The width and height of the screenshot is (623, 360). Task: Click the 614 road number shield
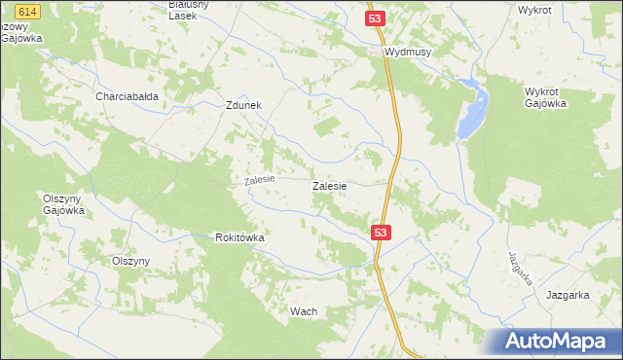pyautogui.click(x=28, y=10)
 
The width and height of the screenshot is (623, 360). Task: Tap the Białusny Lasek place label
pyautogui.click(x=189, y=10)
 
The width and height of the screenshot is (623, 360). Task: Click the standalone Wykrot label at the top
pyautogui.click(x=535, y=10)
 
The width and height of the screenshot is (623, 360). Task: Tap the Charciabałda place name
pyautogui.click(x=127, y=96)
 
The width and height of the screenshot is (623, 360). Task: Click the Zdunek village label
pyautogui.click(x=243, y=107)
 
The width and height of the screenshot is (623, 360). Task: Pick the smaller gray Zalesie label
pyautogui.click(x=260, y=180)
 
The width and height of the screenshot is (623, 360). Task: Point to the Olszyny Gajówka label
pyautogui.click(x=64, y=203)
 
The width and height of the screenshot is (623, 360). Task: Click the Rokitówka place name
pyautogui.click(x=240, y=237)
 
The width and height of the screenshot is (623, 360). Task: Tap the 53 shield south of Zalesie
pyautogui.click(x=382, y=232)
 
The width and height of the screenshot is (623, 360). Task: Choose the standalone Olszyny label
pyautogui.click(x=130, y=261)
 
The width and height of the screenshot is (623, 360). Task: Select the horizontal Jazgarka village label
pyautogui.click(x=568, y=294)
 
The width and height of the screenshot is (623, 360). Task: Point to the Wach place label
pyautogui.click(x=304, y=311)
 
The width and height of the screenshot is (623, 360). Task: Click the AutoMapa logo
pyautogui.click(x=555, y=341)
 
